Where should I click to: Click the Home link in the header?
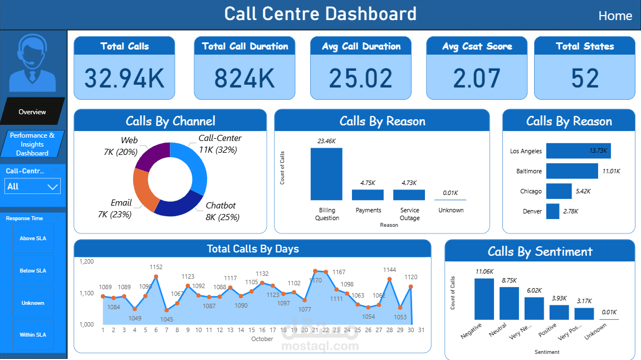click(x=615, y=16)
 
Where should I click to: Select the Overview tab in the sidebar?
click(x=32, y=112)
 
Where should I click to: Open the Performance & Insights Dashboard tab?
click(x=32, y=144)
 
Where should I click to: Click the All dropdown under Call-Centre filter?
click(x=33, y=186)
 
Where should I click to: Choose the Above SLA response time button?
click(x=33, y=239)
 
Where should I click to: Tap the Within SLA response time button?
click(x=33, y=335)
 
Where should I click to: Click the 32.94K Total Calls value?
click(x=124, y=79)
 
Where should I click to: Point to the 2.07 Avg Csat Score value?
click(x=476, y=79)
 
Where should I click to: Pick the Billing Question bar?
click(x=326, y=173)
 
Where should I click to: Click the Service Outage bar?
click(x=409, y=194)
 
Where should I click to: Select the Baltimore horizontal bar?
click(x=571, y=171)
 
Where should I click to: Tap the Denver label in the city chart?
click(x=532, y=211)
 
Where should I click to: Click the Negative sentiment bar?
click(x=484, y=299)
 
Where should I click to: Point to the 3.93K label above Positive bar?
click(x=559, y=298)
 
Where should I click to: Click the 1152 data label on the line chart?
click(x=156, y=267)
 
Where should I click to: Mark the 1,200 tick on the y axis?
click(x=87, y=261)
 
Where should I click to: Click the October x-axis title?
click(x=262, y=339)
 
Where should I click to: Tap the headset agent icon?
click(x=33, y=63)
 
